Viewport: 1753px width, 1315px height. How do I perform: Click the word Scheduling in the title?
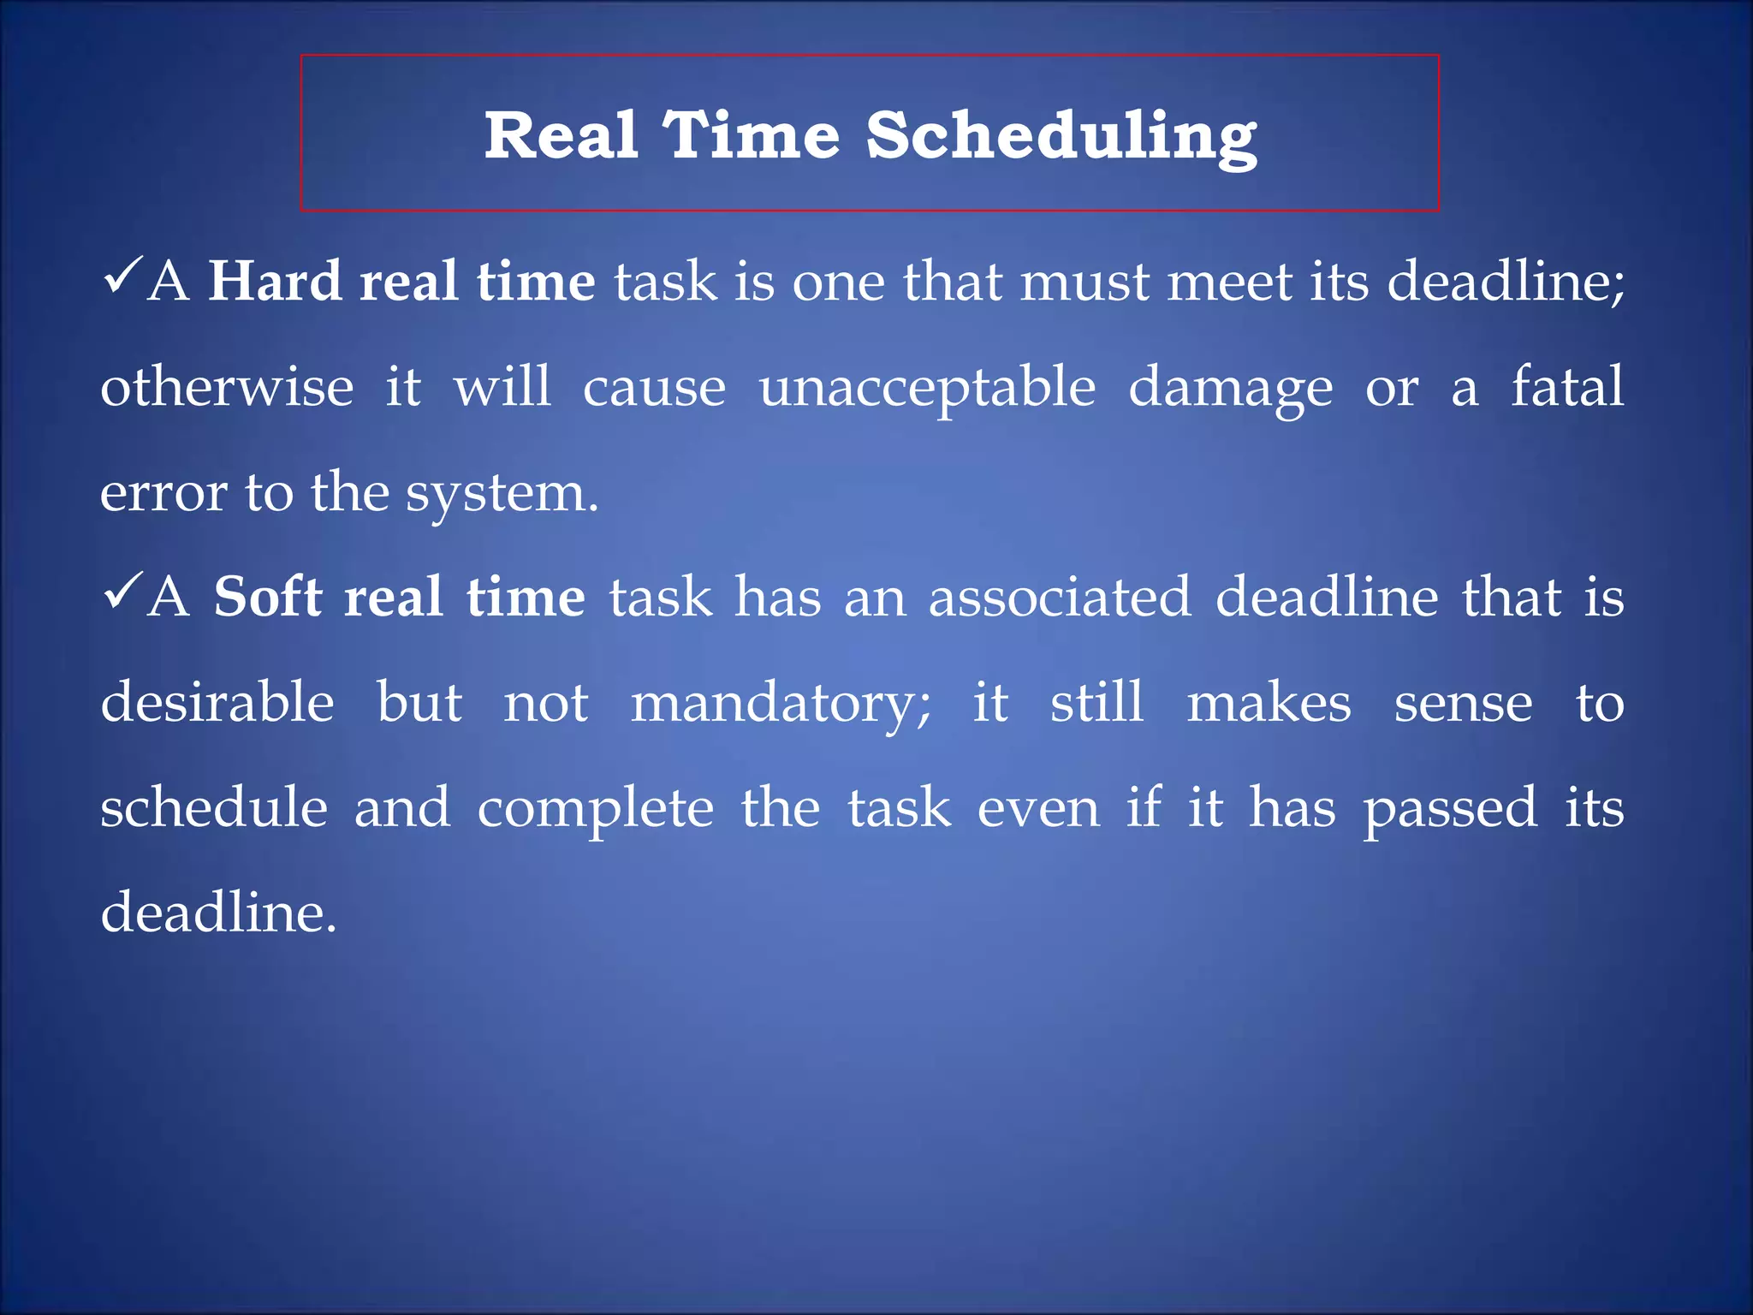click(1061, 137)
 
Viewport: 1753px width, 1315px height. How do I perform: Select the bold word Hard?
click(275, 282)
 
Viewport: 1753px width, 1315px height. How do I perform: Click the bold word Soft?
click(267, 597)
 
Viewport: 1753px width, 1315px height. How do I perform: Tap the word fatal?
click(1566, 386)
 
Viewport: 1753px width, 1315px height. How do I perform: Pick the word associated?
click(1060, 597)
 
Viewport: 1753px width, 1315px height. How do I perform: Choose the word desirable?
click(217, 702)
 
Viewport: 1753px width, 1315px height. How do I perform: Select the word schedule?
click(214, 807)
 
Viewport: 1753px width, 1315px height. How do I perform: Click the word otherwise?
click(227, 387)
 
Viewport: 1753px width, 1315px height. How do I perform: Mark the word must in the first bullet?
click(1084, 283)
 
